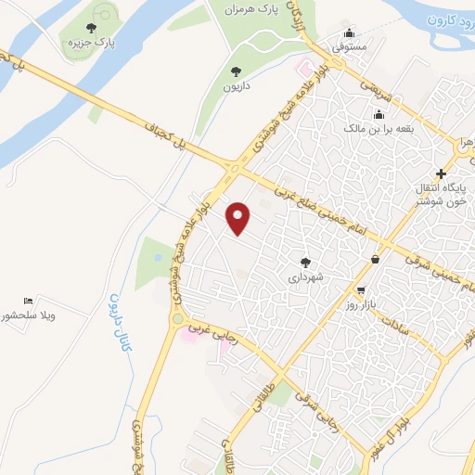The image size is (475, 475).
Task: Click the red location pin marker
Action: click(x=238, y=219)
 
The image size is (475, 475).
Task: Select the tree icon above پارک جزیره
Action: click(x=90, y=28)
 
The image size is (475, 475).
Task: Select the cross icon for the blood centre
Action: click(x=441, y=173)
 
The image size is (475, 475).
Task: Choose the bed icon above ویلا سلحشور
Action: click(x=28, y=302)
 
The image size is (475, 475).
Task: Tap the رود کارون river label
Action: click(x=450, y=19)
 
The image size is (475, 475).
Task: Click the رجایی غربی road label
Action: click(x=213, y=332)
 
